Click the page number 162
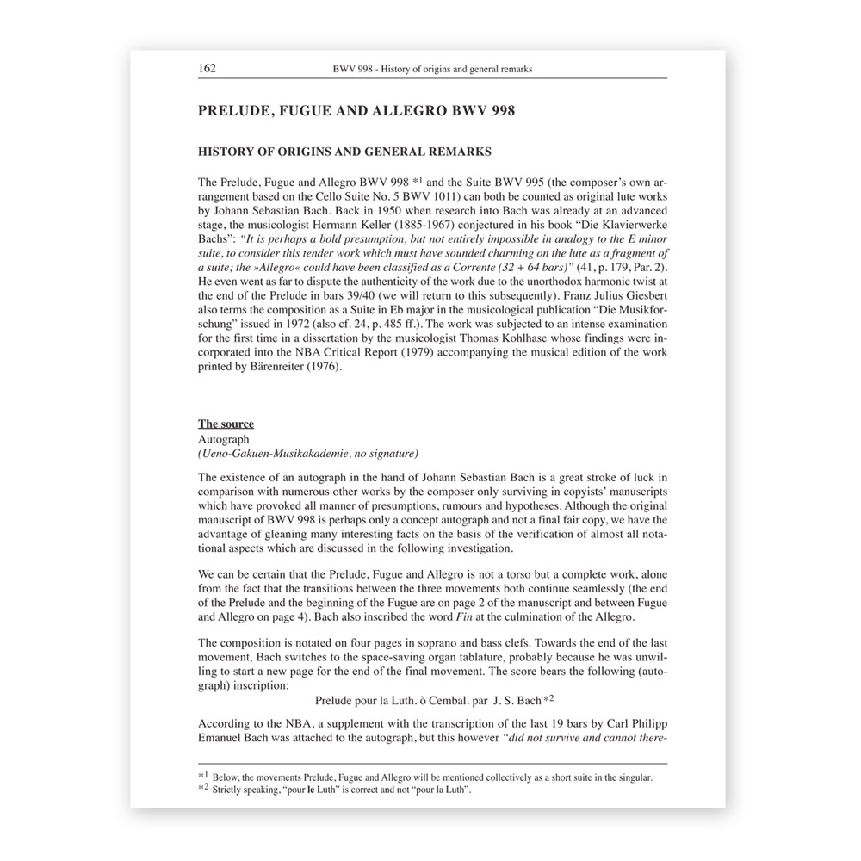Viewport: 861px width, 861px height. [207, 68]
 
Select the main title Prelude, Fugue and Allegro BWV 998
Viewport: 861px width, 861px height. [356, 111]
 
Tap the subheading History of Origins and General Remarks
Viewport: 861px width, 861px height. [344, 152]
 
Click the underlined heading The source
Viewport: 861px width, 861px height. [226, 424]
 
